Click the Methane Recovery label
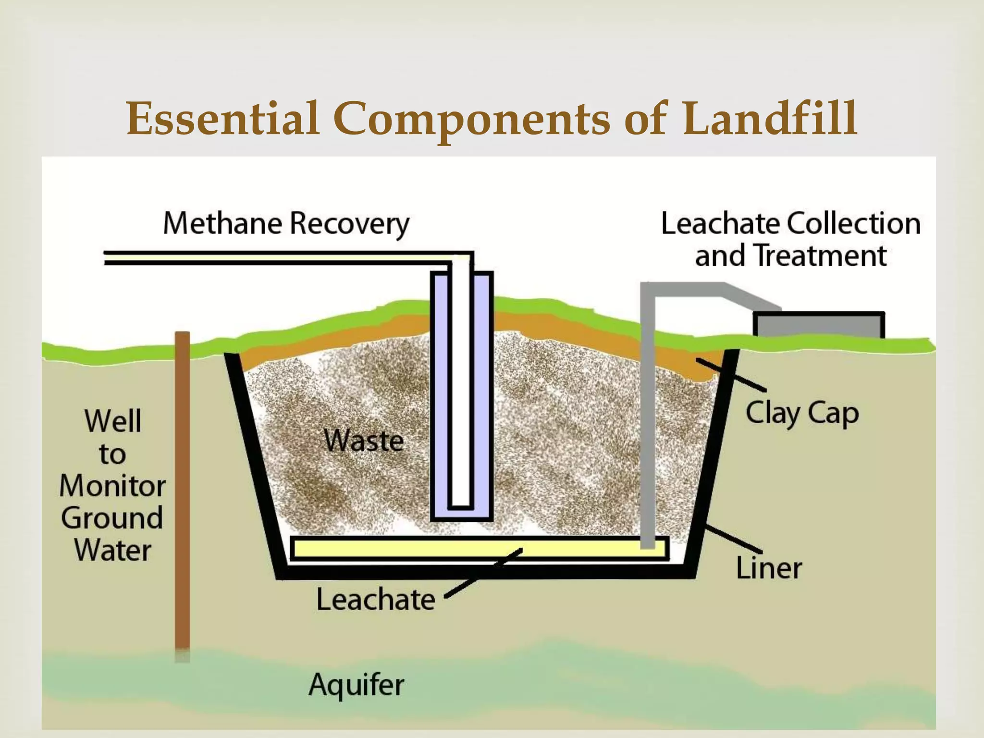[286, 224]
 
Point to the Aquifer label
[356, 684]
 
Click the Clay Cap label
[802, 413]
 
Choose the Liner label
[769, 568]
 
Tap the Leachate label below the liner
[375, 600]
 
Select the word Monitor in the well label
[112, 485]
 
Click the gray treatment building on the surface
[819, 325]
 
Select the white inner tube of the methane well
[461, 384]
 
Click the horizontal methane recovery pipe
[279, 258]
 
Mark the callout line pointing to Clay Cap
[731, 374]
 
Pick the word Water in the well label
[112, 550]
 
